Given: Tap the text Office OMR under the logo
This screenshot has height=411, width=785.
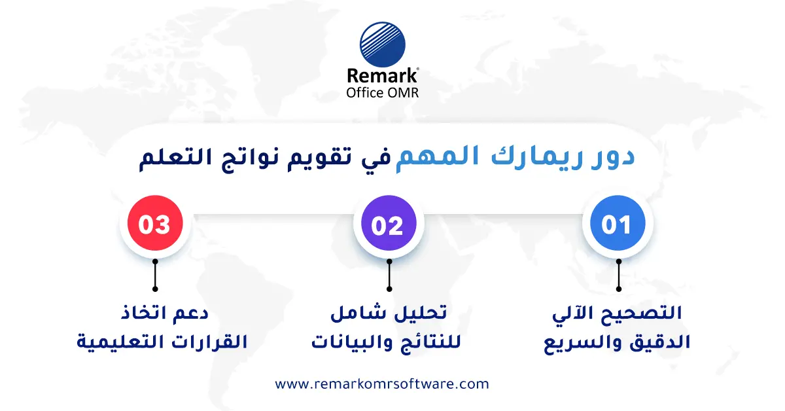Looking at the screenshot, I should pyautogui.click(x=383, y=92).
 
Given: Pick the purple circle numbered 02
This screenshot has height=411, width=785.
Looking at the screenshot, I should pyautogui.click(x=389, y=225).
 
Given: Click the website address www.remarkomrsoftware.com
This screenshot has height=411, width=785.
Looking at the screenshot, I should pyautogui.click(x=382, y=384).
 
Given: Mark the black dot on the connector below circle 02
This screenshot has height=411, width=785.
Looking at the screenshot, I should pyautogui.click(x=389, y=288).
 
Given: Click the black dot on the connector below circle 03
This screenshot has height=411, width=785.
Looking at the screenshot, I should pyautogui.click(x=155, y=288).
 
